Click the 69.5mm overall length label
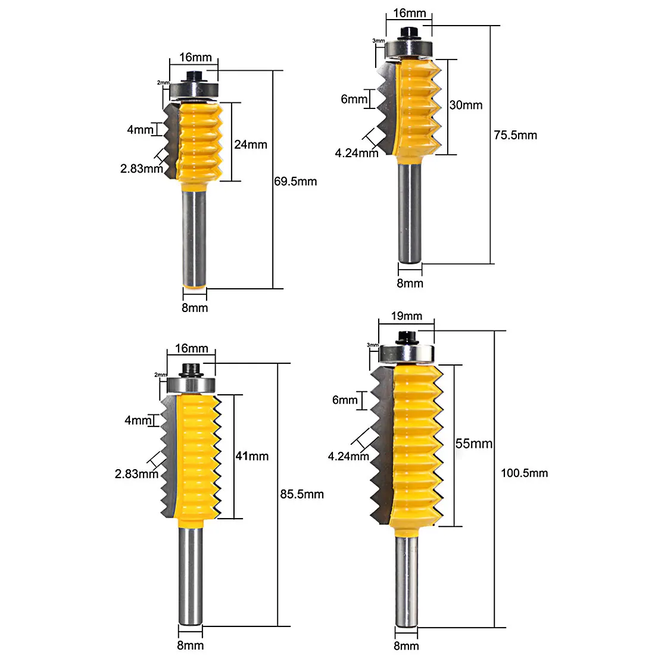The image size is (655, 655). click(x=295, y=181)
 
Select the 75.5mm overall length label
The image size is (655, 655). click(x=515, y=135)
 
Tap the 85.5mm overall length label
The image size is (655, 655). click(x=302, y=494)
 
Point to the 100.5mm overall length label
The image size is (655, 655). click(x=524, y=473)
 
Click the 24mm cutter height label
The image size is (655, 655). click(x=251, y=144)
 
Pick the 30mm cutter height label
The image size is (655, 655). click(x=466, y=105)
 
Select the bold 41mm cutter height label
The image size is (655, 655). click(x=252, y=456)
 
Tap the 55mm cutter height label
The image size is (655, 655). click(x=474, y=444)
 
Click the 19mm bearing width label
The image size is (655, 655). click(x=407, y=316)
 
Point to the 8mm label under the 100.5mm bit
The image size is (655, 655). click(x=406, y=645)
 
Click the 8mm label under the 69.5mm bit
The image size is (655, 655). click(x=195, y=307)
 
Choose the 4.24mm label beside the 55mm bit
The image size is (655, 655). click(x=348, y=457)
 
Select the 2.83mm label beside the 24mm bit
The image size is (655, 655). click(x=141, y=169)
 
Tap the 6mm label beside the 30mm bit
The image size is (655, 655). click(x=354, y=99)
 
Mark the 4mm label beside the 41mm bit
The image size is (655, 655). click(x=138, y=420)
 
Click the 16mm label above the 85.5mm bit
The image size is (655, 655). click(x=191, y=348)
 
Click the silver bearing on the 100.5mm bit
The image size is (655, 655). click(x=407, y=354)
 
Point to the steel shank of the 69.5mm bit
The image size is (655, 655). click(x=195, y=238)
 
